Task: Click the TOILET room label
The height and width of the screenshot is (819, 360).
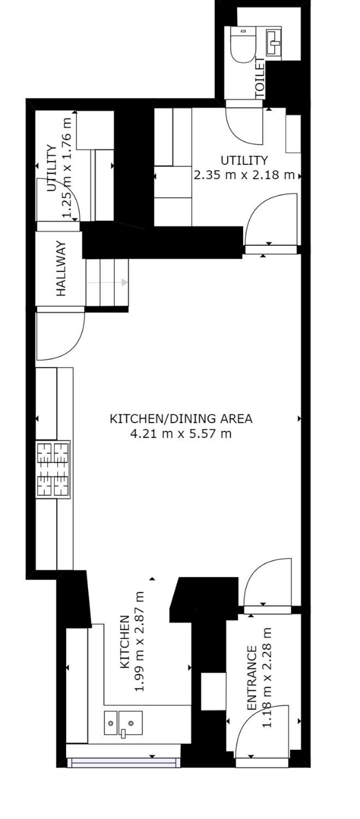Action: [260, 78]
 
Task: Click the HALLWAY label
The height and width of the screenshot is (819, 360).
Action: [61, 268]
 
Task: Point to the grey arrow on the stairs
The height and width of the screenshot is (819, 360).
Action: [107, 282]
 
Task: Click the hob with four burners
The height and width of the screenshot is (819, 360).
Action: [53, 469]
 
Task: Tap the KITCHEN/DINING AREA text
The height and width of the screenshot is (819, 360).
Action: [181, 419]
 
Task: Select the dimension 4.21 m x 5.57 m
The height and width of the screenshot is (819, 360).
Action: [181, 434]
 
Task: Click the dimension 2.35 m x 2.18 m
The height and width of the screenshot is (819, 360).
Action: [244, 175]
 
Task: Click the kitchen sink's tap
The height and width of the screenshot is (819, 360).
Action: [123, 733]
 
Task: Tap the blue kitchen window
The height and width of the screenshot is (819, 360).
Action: [123, 762]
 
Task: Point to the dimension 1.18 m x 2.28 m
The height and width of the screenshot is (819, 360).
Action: [266, 677]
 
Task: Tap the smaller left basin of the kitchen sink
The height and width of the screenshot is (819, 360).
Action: [111, 723]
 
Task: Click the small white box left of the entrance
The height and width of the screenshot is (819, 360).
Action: [213, 692]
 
